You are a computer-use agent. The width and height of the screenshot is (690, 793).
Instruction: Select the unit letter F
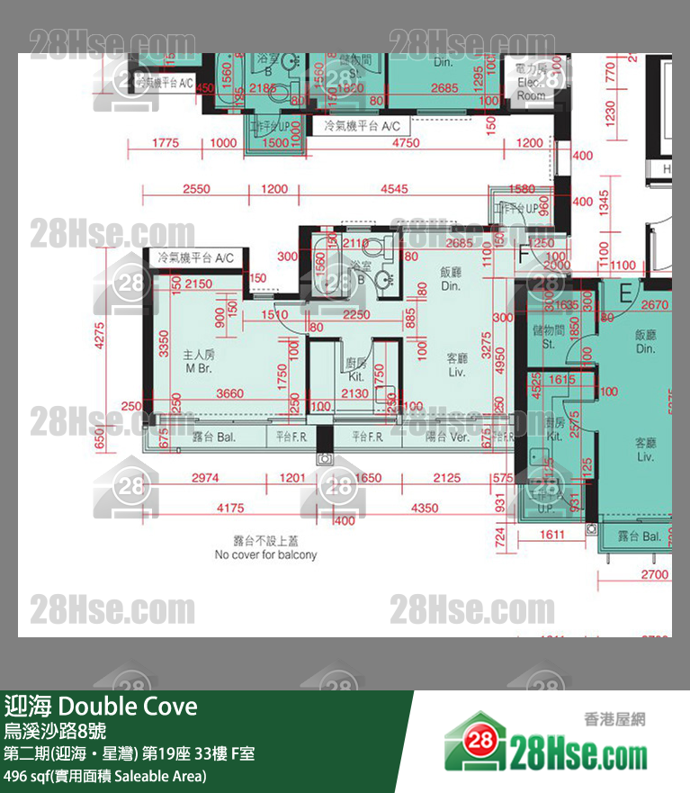click(524, 256)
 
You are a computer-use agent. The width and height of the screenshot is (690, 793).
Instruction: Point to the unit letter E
click(625, 292)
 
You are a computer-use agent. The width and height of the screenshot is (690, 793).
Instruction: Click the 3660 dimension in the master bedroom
click(229, 392)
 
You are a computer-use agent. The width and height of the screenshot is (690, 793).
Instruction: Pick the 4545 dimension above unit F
click(393, 189)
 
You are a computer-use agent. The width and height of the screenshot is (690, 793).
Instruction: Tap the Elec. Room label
click(531, 82)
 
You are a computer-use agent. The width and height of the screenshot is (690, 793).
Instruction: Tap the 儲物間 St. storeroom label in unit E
click(548, 337)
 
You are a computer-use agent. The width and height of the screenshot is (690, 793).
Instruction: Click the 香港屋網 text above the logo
click(614, 719)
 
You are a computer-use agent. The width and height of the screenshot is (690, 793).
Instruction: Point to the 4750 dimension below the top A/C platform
click(407, 143)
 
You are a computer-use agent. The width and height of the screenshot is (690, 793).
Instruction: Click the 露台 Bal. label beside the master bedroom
click(214, 437)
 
